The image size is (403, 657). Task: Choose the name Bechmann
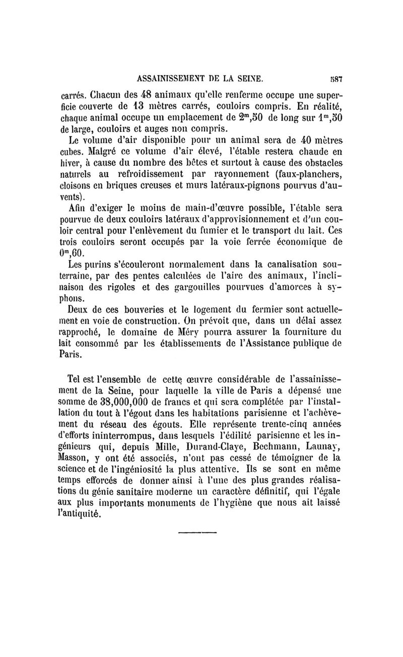click(x=263, y=445)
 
